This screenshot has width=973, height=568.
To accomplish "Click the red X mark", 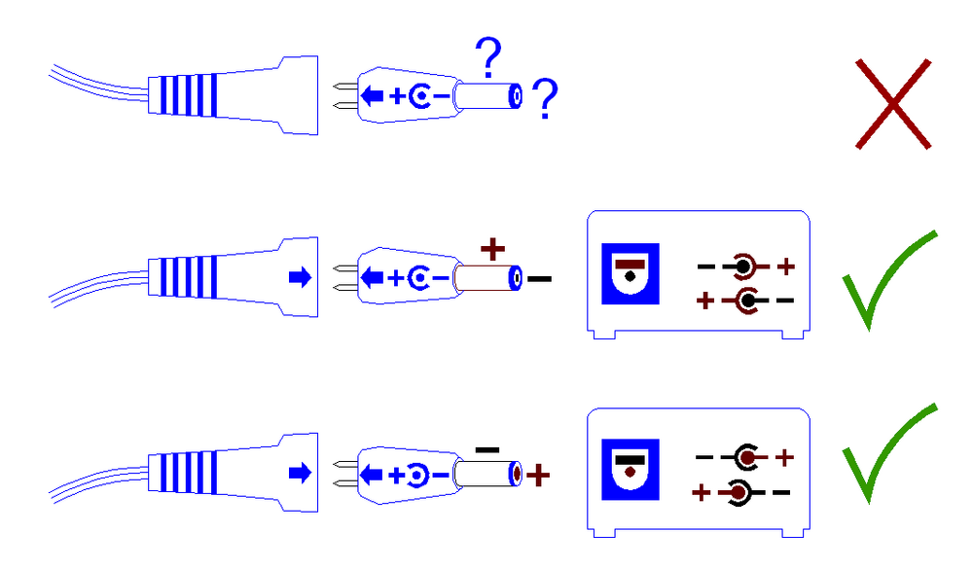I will point(893,104).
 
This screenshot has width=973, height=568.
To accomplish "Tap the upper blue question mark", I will point(489,59).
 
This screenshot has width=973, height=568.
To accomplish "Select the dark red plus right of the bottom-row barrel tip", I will point(538,476).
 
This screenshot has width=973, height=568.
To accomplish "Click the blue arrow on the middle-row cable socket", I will point(300,278).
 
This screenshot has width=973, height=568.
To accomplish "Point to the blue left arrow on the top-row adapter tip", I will point(372,96).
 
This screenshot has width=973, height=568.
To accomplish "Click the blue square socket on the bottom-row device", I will point(631,470).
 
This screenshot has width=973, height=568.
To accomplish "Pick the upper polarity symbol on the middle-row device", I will point(745,265).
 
